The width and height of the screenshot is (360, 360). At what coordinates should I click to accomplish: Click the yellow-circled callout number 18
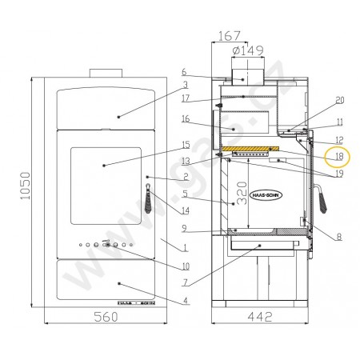(339, 155)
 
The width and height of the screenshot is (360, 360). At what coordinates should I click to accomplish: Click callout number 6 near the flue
(183, 71)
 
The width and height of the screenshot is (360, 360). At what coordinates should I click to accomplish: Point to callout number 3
(185, 84)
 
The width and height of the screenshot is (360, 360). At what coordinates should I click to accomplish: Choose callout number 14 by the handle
(185, 211)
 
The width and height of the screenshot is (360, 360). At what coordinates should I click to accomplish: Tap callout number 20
(339, 100)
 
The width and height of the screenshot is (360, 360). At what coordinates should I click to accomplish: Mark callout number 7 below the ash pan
(185, 282)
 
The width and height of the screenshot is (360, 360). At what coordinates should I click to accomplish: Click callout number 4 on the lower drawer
(185, 300)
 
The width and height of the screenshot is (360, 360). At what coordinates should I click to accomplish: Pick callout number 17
(185, 99)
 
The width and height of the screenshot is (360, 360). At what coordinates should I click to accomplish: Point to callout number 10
(185, 266)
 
